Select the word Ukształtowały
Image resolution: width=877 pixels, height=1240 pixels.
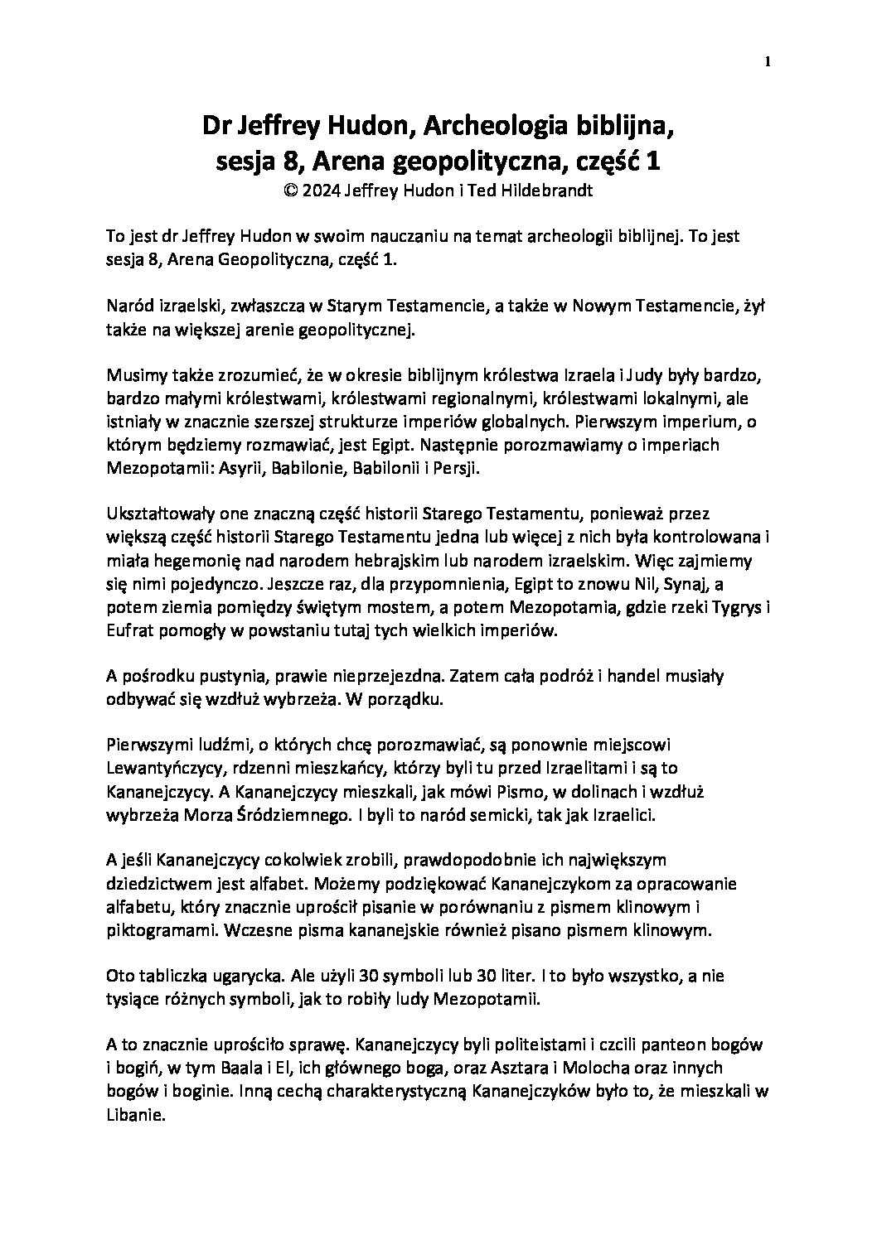155,514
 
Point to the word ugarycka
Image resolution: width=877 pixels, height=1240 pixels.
222,977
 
